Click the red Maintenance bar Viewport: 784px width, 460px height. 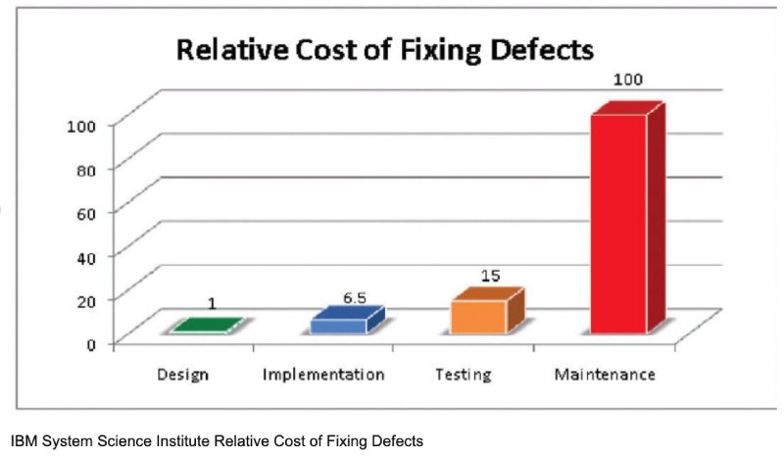click(618, 224)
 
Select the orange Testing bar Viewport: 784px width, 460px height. click(479, 316)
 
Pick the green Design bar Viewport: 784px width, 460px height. click(204, 327)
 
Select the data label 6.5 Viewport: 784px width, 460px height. click(353, 295)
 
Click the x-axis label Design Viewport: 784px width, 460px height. click(183, 375)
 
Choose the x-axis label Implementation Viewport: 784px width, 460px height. click(323, 375)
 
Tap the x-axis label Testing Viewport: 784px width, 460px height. click(462, 375)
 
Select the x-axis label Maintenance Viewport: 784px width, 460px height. click(604, 375)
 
